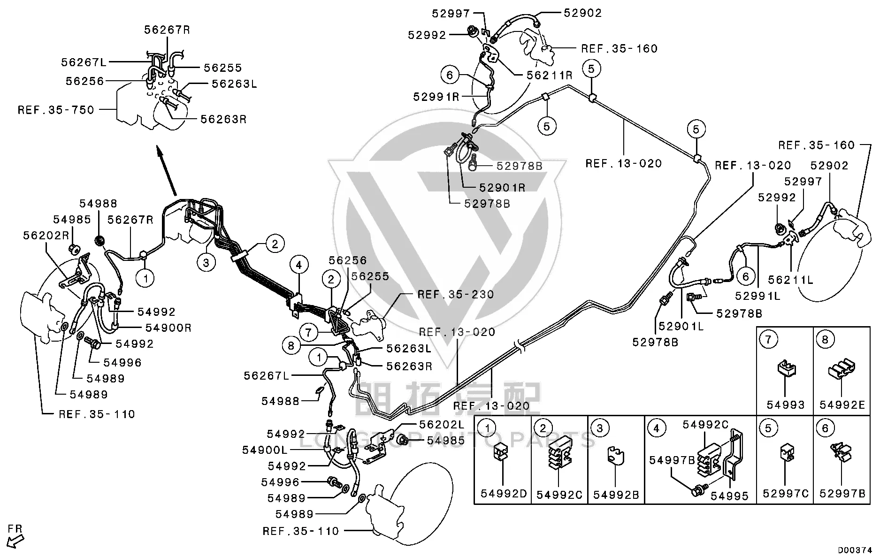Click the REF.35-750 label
[56, 110]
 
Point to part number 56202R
[46, 235]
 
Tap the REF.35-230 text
[456, 294]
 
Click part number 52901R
[502, 188]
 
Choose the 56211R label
[550, 75]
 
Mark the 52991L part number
[757, 296]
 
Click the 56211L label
[790, 280]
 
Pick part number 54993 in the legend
[786, 404]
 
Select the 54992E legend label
[842, 404]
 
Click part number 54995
[729, 496]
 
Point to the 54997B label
[672, 460]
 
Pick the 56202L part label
[441, 424]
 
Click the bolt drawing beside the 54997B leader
[697, 491]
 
